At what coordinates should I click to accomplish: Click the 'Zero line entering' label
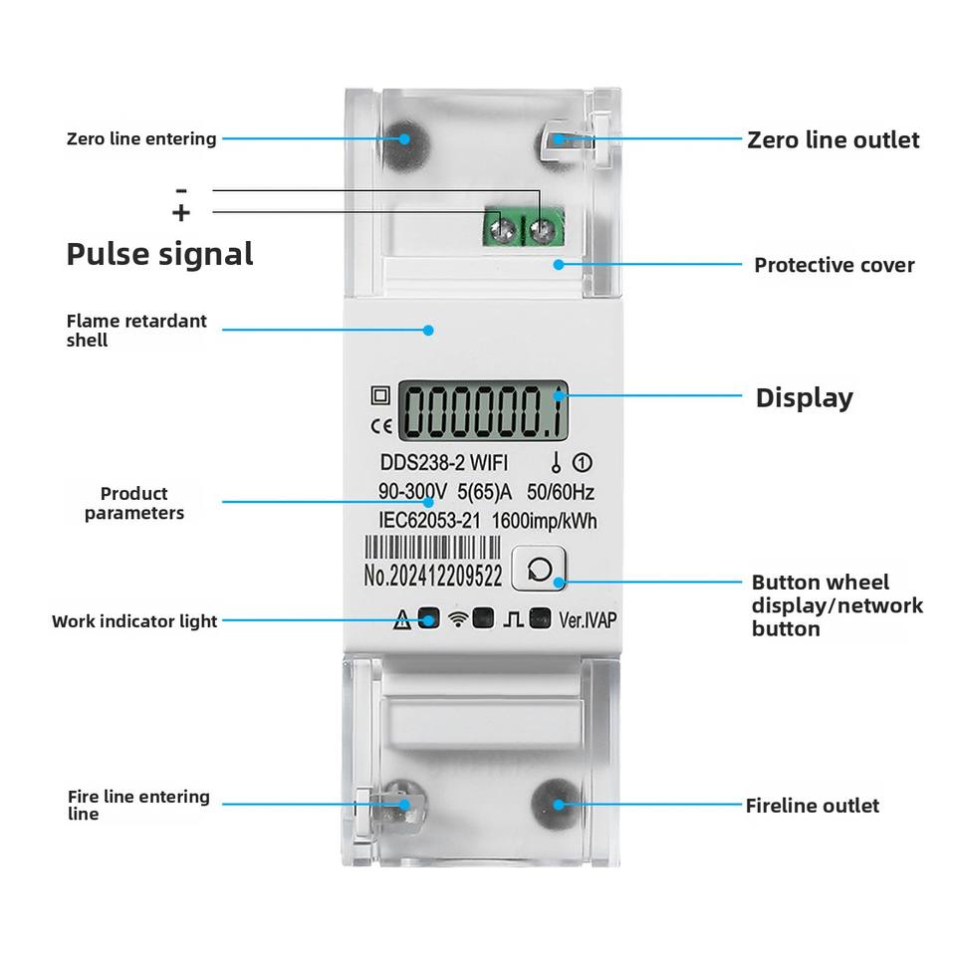click(141, 138)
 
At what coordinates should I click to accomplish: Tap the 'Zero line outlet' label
click(833, 139)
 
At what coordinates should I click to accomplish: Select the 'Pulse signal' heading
click(159, 254)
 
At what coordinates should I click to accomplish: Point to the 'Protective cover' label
click(834, 265)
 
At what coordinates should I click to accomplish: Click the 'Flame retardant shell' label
click(136, 330)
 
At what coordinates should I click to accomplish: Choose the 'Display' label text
click(804, 397)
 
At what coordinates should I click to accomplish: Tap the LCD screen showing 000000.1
click(483, 411)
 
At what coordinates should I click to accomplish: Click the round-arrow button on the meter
click(539, 569)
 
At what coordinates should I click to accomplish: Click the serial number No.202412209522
click(432, 576)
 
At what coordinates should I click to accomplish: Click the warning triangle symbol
click(402, 621)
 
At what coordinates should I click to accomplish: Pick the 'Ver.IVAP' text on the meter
click(588, 619)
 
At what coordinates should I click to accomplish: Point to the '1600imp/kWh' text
click(545, 520)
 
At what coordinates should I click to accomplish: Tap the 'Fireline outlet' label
click(812, 805)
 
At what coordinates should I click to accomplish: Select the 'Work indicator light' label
click(134, 621)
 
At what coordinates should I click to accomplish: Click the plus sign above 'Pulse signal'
click(181, 212)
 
